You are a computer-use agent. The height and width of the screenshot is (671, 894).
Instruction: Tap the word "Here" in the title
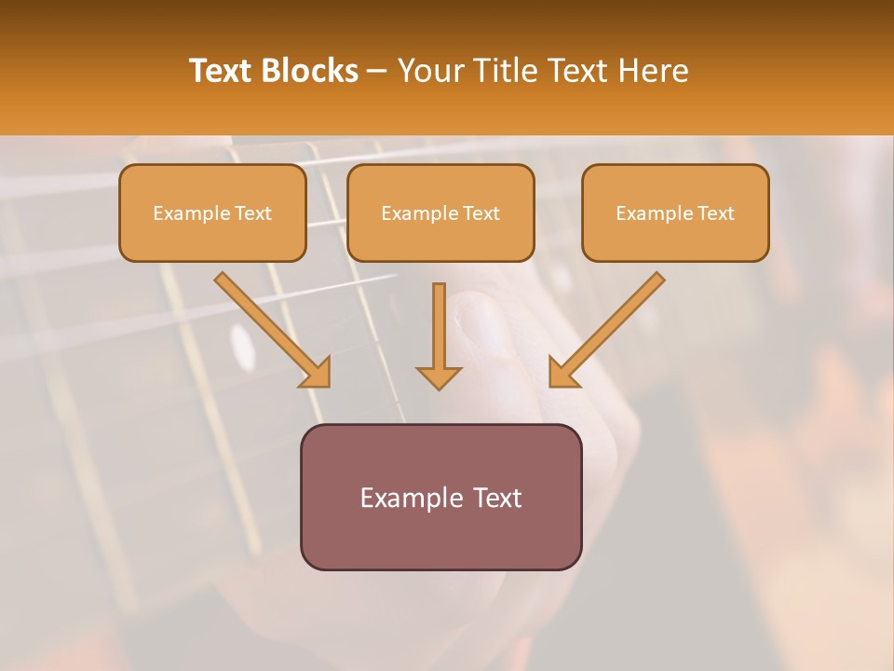tap(651, 71)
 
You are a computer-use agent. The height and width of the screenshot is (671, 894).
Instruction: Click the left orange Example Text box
tap(212, 213)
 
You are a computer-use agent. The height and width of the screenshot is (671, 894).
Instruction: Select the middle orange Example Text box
tap(440, 213)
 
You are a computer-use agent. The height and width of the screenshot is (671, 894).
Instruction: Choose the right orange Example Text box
tap(675, 213)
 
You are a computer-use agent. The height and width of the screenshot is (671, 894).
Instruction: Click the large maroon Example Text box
tap(440, 497)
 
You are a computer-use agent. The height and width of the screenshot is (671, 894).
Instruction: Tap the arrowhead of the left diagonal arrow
tap(317, 374)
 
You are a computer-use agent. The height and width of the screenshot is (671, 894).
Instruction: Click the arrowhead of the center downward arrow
tap(439, 377)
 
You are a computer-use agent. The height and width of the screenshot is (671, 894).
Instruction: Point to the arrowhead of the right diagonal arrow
tap(562, 374)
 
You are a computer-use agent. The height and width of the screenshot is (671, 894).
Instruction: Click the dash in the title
tap(377, 71)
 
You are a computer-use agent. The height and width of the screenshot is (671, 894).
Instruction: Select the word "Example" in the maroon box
tap(406, 498)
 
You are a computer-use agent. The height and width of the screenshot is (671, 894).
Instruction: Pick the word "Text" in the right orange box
tap(715, 213)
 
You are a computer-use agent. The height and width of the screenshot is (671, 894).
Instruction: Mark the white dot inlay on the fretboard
tap(244, 347)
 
